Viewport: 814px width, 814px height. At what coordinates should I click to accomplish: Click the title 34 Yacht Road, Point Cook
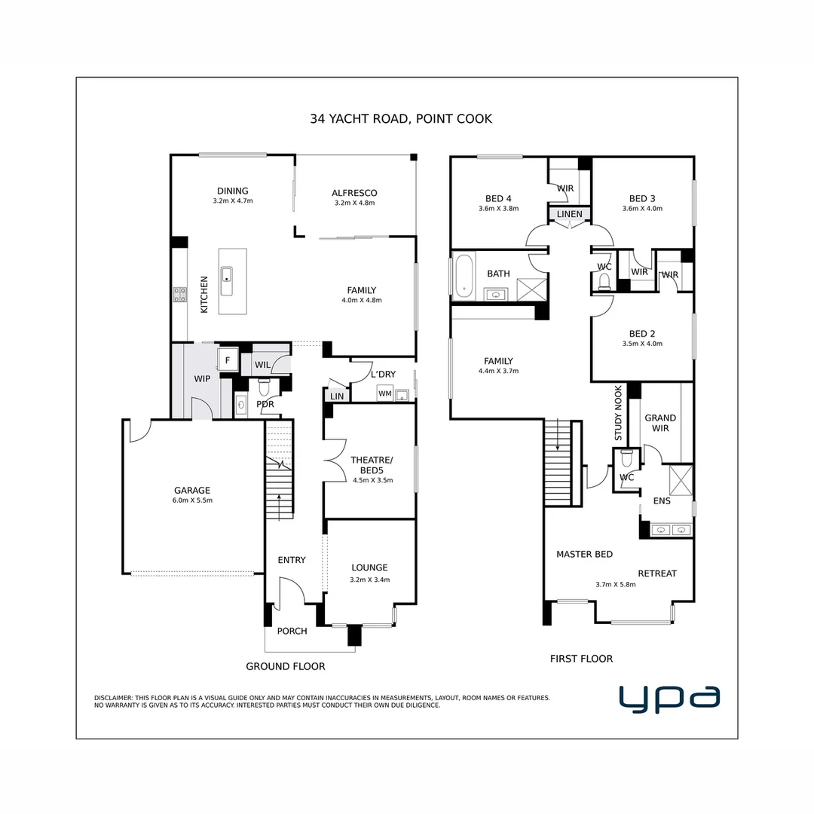401,118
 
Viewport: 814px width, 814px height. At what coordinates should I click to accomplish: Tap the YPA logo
669,698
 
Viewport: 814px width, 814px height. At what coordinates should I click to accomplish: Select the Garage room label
192,490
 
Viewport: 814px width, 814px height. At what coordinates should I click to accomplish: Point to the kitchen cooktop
180,295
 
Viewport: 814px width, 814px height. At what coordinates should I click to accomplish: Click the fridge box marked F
228,361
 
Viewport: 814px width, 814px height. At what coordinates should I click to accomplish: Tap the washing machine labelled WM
384,393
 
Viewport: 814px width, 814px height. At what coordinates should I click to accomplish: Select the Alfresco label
354,193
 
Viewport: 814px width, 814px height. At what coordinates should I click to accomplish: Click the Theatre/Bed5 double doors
332,461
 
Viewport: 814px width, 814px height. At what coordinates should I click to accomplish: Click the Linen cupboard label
569,214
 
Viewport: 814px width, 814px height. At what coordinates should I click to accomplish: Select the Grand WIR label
660,423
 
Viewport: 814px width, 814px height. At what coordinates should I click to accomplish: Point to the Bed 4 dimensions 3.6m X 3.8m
498,209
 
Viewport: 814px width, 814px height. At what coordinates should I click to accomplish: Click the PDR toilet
265,387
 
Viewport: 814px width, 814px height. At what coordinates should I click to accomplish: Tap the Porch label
292,631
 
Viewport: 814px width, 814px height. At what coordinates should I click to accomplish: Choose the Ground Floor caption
286,666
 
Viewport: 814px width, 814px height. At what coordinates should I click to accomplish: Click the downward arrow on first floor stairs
558,436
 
